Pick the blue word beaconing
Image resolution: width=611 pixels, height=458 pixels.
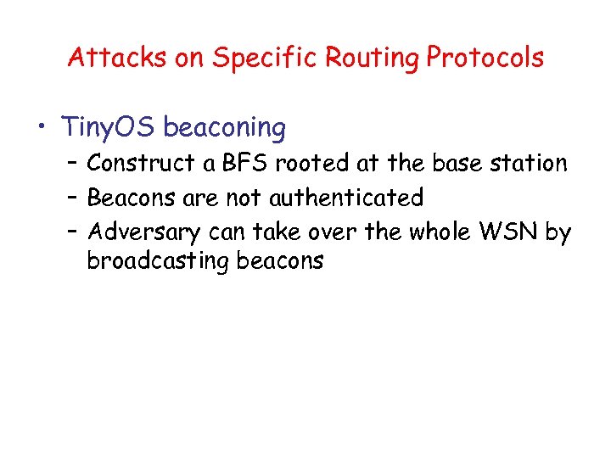[x=225, y=128]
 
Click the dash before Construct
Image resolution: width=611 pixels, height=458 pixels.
[x=72, y=163]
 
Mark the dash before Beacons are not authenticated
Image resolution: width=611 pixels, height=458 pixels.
[x=72, y=198]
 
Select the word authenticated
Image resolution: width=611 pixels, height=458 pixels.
[x=345, y=198]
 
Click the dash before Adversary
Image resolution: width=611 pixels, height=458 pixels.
[x=72, y=232]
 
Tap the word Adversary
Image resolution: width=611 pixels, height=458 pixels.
[x=144, y=232]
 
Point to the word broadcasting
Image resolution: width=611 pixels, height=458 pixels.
[x=158, y=261]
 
